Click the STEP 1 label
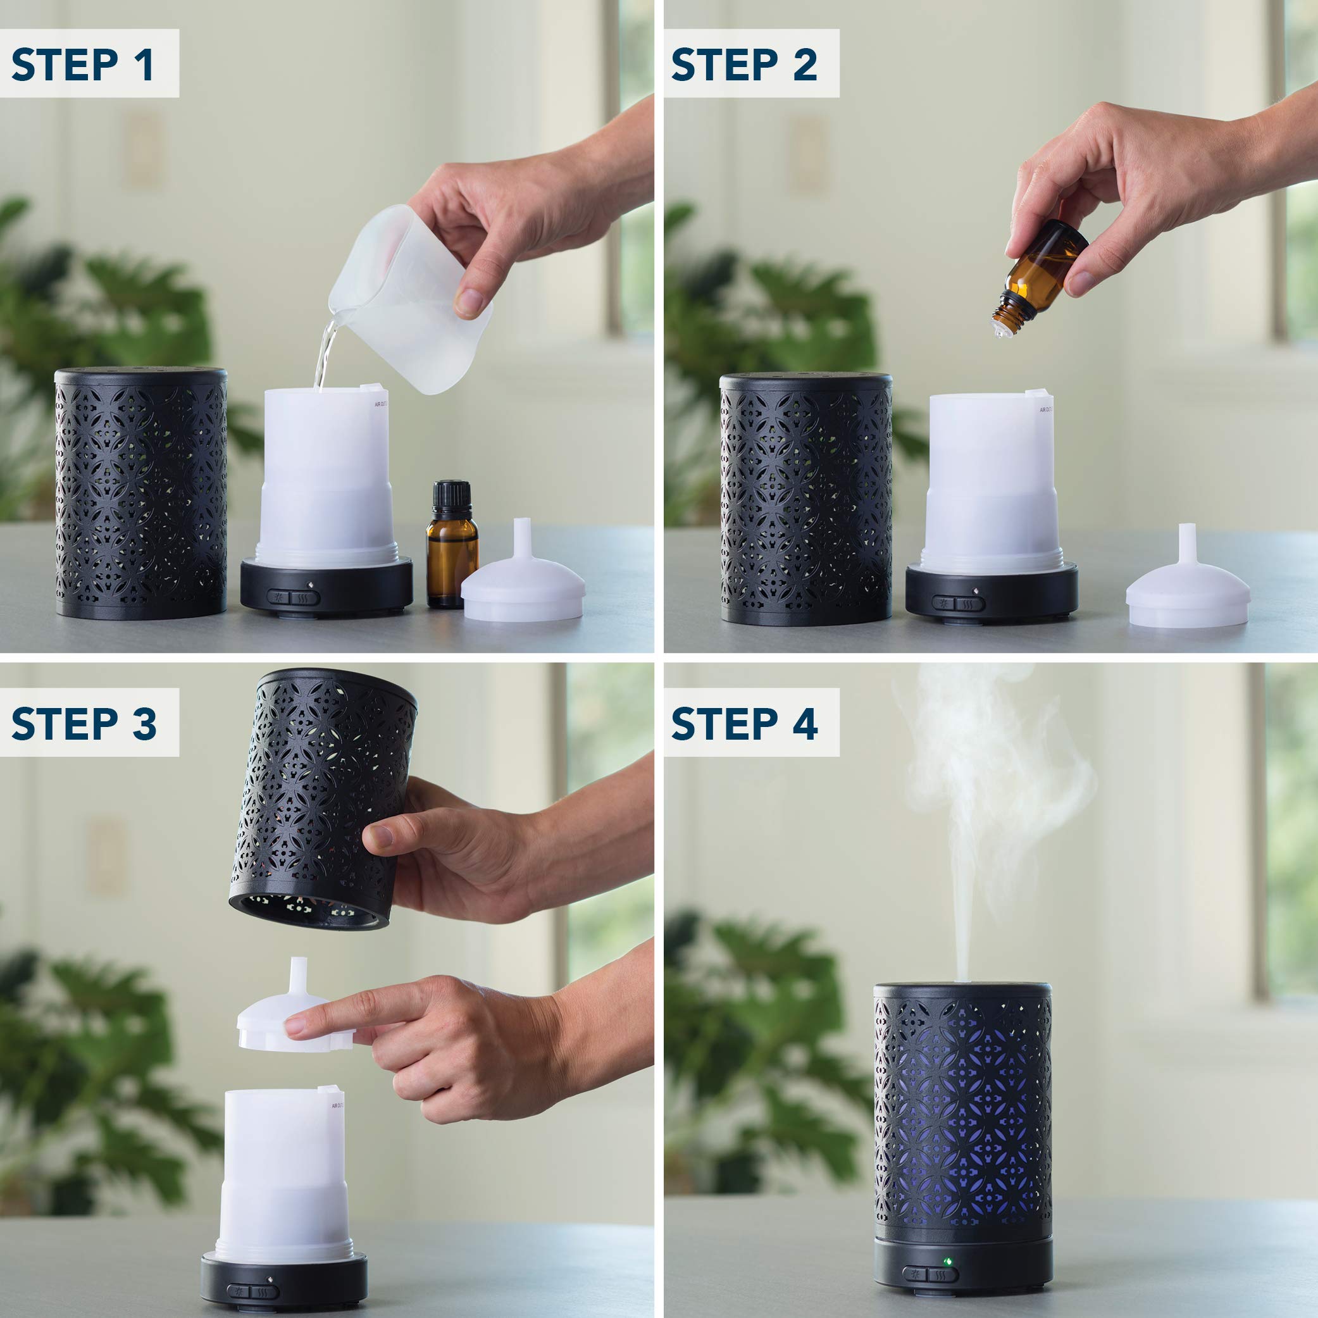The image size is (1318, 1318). tap(84, 65)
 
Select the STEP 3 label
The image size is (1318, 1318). tap(84, 723)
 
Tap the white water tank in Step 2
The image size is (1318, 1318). tap(990, 484)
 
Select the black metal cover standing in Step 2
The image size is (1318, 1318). tap(805, 498)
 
